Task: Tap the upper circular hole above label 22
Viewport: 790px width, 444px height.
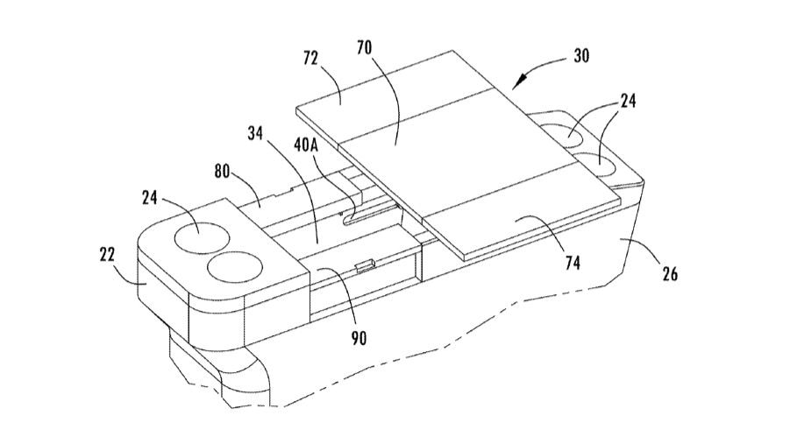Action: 203,235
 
